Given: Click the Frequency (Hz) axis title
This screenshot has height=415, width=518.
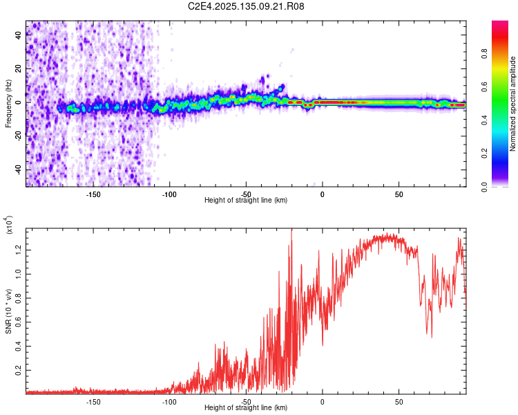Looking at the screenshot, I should point(8,104).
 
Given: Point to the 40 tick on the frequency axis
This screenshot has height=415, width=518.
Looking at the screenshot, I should point(19,36).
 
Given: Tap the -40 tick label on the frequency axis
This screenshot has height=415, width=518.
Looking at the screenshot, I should point(17,169).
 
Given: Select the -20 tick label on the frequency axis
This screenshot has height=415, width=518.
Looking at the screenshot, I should point(17,136).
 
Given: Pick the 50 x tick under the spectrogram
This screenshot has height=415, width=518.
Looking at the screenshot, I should point(399,194).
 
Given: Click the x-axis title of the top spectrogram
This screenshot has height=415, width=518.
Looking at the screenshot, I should point(246,201).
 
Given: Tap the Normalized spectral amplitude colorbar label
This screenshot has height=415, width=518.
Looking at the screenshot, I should point(512,104).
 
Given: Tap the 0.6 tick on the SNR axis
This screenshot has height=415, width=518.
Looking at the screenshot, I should point(19,322).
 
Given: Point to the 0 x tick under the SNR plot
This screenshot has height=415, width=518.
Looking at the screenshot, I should point(323,402).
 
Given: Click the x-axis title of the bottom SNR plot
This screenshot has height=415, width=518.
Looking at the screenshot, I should point(246,408).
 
